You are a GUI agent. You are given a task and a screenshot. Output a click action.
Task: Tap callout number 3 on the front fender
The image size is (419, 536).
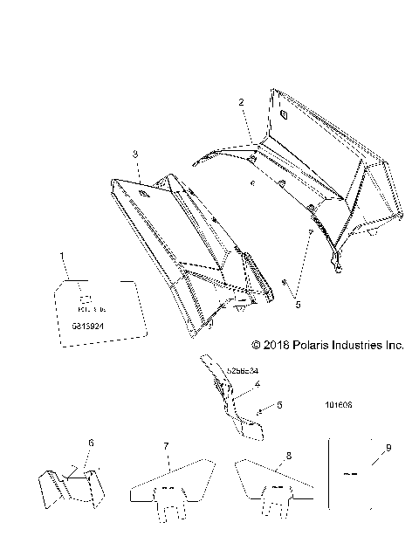click(x=135, y=154)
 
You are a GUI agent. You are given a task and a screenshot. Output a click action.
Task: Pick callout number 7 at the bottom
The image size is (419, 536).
click(x=165, y=447)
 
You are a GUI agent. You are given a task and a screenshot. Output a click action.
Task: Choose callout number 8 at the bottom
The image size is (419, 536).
click(x=289, y=454)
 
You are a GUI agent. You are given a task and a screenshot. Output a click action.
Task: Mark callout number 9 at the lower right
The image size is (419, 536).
click(x=388, y=447)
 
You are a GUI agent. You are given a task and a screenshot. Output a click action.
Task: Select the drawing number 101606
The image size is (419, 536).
click(x=337, y=406)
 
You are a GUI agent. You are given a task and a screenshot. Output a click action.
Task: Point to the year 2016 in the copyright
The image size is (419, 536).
click(x=276, y=346)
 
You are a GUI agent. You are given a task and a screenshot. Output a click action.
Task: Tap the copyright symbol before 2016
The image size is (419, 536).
click(x=257, y=346)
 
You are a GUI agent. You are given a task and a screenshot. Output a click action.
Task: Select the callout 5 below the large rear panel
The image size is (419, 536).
click(x=298, y=306)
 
